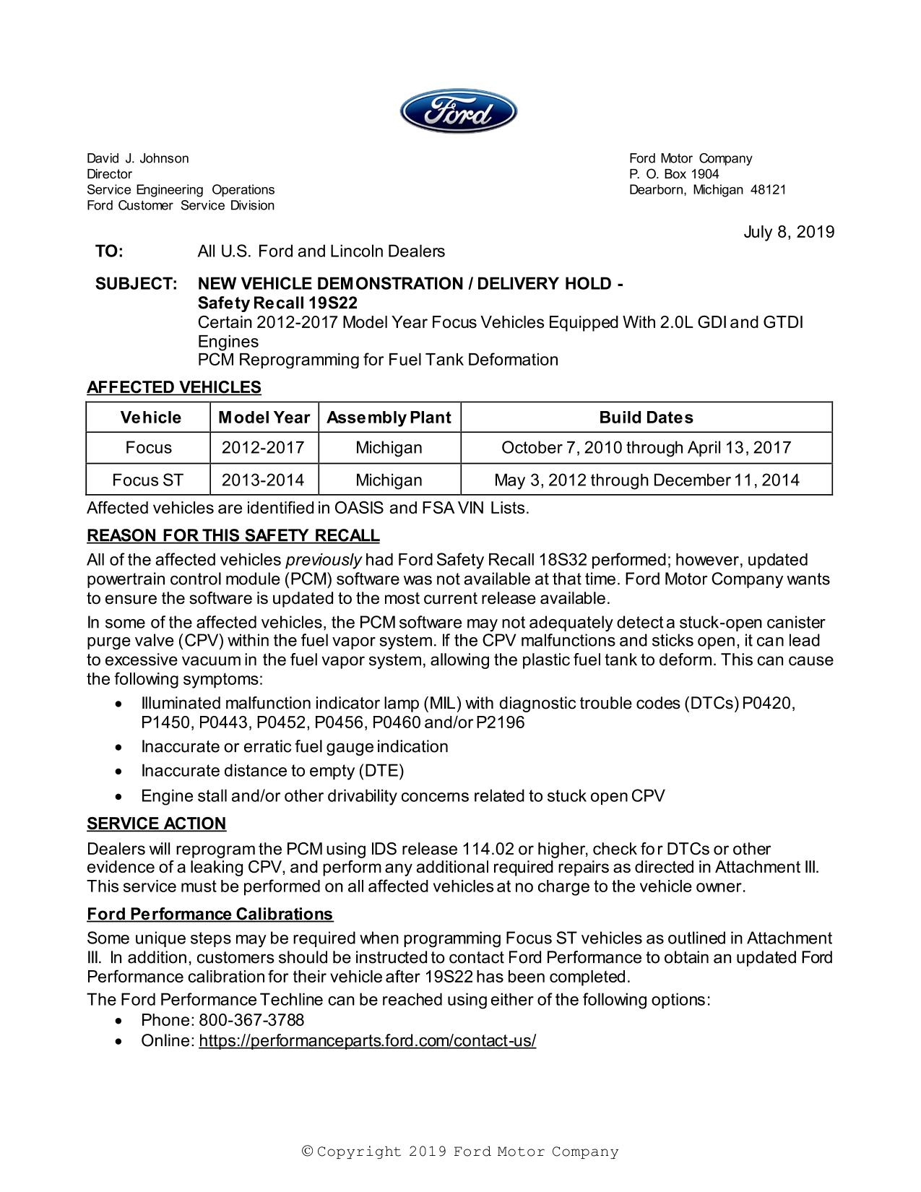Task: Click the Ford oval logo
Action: (x=459, y=111)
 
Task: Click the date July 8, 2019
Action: (x=789, y=232)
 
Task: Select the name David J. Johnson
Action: (x=138, y=158)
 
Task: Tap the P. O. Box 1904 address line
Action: (x=674, y=174)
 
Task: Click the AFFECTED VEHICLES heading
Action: (x=173, y=387)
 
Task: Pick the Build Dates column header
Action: (x=646, y=418)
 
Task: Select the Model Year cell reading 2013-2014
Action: (x=263, y=480)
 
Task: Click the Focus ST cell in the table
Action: (x=148, y=480)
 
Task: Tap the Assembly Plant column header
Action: (x=389, y=418)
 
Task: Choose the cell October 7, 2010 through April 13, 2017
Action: (x=646, y=448)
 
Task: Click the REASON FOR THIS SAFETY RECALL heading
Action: (x=233, y=535)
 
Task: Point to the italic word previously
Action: (x=324, y=560)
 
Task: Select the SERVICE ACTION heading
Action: (x=156, y=824)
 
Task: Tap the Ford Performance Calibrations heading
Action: (x=209, y=914)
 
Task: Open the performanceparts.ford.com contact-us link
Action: (x=367, y=1040)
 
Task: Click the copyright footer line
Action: (x=460, y=1152)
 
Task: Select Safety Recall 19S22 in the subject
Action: (x=277, y=303)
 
